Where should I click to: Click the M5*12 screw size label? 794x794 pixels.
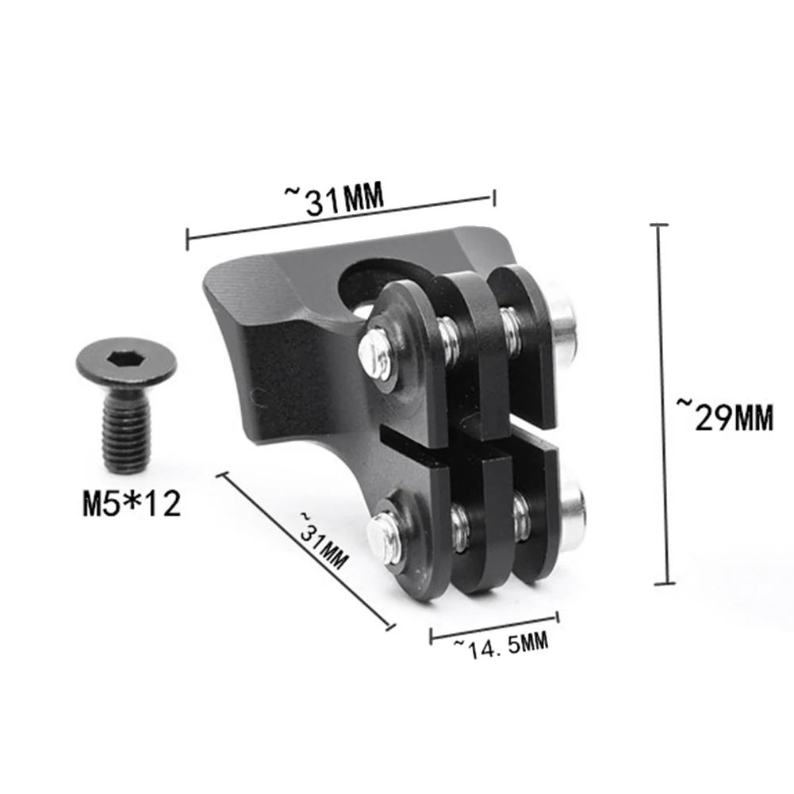(x=132, y=504)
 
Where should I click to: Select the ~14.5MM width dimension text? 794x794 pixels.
(x=501, y=645)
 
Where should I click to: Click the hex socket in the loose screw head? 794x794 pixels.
(x=125, y=359)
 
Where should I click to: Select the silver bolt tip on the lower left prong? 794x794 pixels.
(x=383, y=536)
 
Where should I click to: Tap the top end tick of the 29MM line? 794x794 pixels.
(x=659, y=225)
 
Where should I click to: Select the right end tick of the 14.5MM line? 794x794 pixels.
(x=558, y=617)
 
